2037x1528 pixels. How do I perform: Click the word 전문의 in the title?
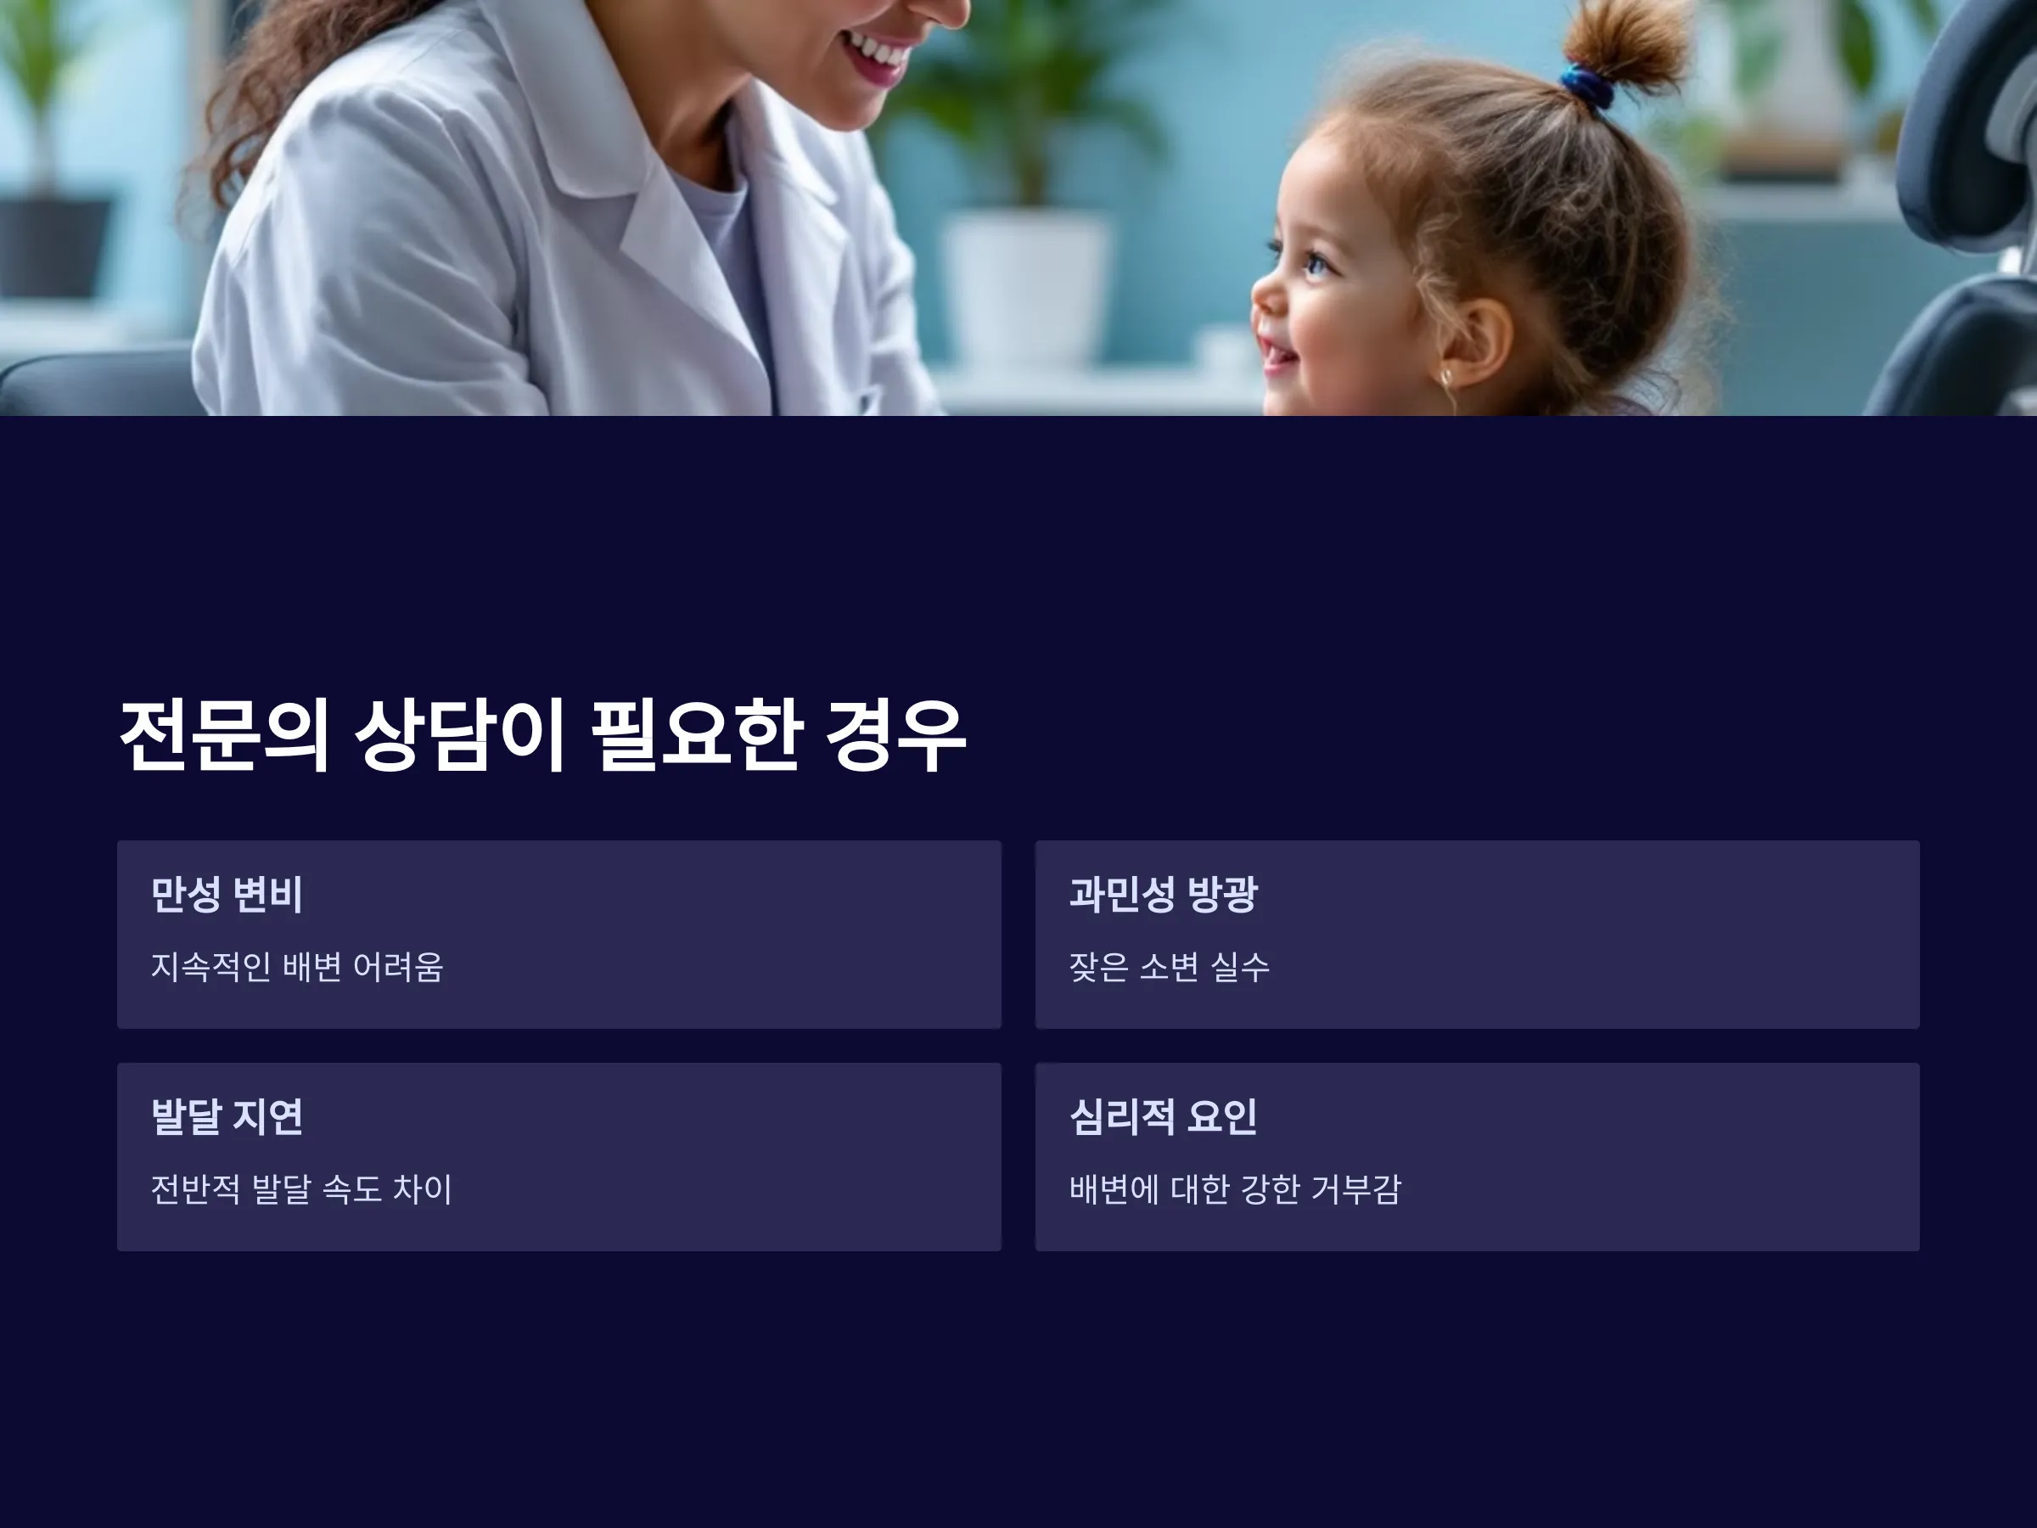pyautogui.click(x=224, y=735)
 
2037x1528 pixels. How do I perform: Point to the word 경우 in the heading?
pyautogui.click(x=895, y=735)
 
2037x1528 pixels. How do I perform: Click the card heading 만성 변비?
pyautogui.click(x=227, y=893)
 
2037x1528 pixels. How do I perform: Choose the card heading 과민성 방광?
pyautogui.click(x=1163, y=893)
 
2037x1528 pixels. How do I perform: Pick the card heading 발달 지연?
pyautogui.click(x=227, y=1116)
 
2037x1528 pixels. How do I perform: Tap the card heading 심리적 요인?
pyautogui.click(x=1163, y=1116)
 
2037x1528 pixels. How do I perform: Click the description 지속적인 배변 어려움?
pyautogui.click(x=296, y=967)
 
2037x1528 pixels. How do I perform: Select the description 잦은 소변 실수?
pyautogui.click(x=1170, y=967)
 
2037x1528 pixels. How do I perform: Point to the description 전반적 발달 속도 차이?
pyautogui.click(x=301, y=1189)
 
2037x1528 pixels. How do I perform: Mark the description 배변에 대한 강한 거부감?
pyautogui.click(x=1235, y=1189)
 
